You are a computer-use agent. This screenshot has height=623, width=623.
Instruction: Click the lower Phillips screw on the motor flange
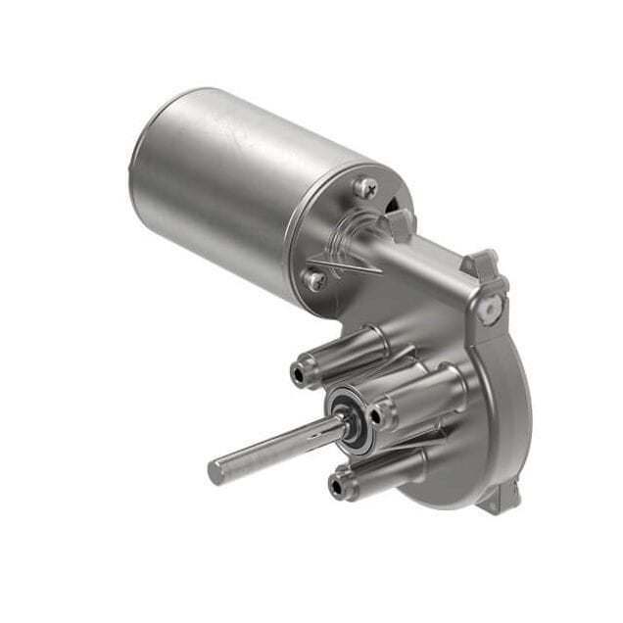click(x=314, y=280)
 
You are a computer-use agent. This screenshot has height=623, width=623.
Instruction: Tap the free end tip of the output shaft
click(x=216, y=472)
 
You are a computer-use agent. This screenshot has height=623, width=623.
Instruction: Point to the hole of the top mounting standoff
click(x=298, y=373)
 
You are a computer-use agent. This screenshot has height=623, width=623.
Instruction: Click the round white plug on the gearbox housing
click(x=492, y=309)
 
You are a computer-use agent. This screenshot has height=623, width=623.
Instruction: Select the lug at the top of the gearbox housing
click(x=483, y=263)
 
